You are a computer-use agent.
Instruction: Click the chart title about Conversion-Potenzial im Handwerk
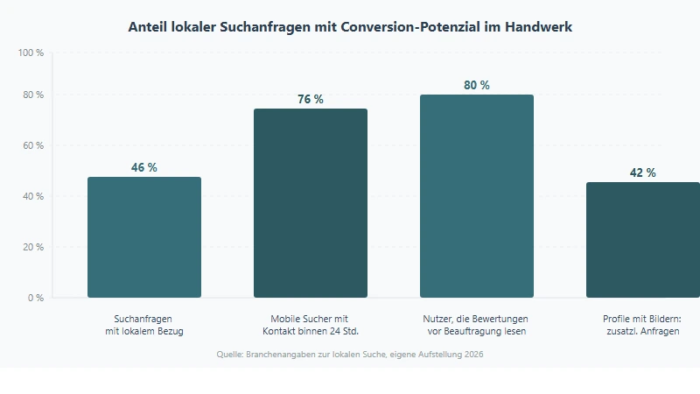pos(350,27)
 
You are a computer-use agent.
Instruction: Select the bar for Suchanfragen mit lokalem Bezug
pos(144,237)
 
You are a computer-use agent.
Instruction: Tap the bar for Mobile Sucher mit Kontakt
pos(311,203)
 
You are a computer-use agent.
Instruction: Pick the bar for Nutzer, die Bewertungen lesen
pos(477,196)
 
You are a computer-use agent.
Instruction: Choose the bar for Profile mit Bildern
pos(642,240)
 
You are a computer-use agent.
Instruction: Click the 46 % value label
pos(144,167)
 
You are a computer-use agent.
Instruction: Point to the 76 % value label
pos(311,99)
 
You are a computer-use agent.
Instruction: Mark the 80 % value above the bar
pos(477,85)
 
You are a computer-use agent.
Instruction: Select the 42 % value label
pos(642,172)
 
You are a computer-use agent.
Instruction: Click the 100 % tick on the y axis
pos(31,53)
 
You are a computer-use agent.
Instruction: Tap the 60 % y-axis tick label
pos(33,145)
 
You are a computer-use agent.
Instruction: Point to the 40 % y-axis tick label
pos(33,196)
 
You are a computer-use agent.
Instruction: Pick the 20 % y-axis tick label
pos(33,247)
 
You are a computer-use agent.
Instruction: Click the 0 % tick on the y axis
pos(35,298)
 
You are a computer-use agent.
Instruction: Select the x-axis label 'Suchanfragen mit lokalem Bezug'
pos(144,325)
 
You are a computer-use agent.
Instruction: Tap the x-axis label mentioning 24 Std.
pos(311,325)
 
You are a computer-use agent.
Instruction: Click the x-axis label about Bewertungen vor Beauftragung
pos(477,325)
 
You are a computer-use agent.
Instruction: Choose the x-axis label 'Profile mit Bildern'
pos(642,325)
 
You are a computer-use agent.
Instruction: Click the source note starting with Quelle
pos(350,355)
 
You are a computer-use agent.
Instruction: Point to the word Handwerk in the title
pos(540,27)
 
